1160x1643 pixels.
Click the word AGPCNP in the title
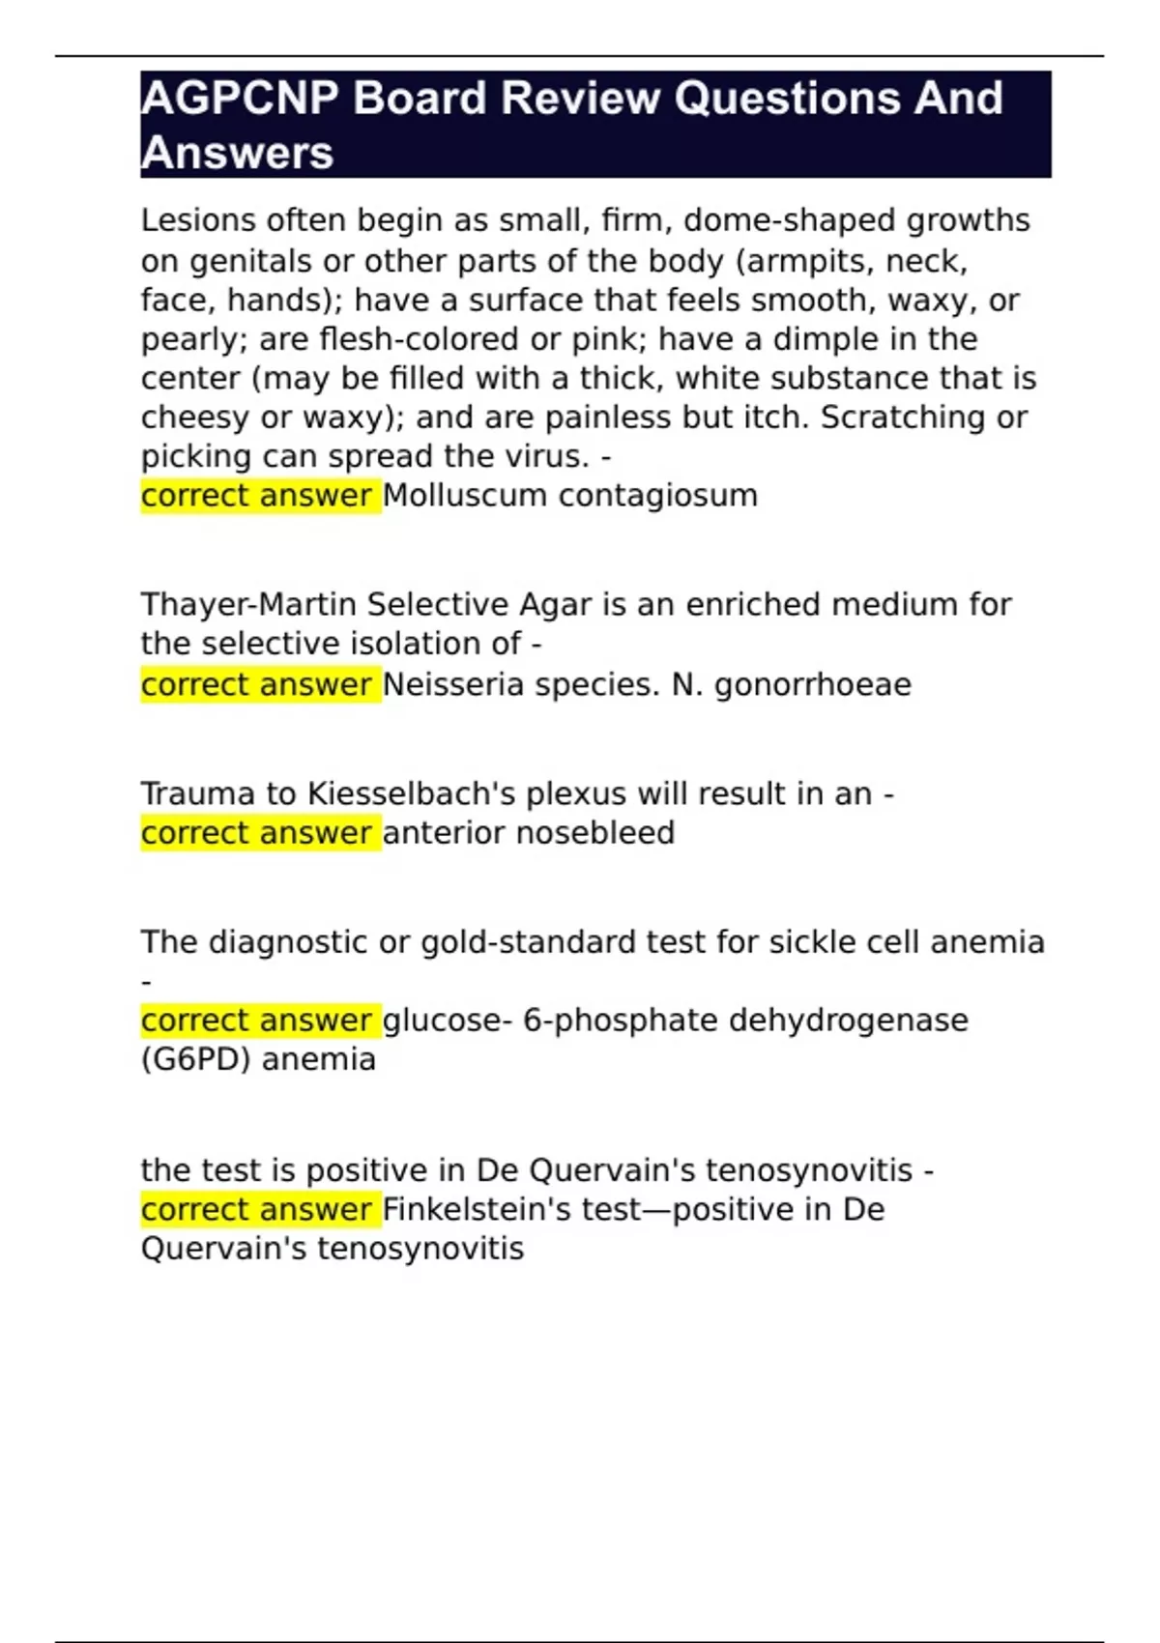click(239, 99)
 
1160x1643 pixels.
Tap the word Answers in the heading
click(237, 153)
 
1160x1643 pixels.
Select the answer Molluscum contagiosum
click(570, 496)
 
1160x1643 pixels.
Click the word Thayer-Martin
click(248, 605)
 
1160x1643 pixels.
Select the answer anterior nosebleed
click(529, 833)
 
